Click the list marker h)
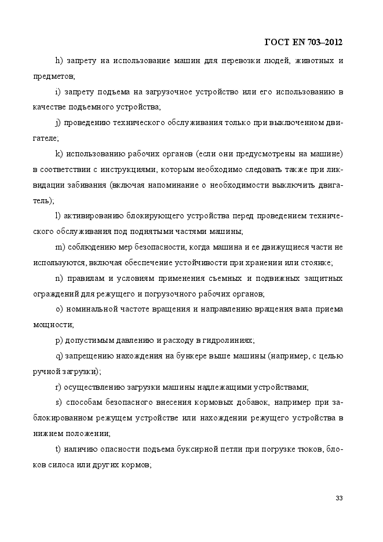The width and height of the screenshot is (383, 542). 59,61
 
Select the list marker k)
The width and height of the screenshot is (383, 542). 59,154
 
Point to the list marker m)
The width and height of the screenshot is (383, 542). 60,247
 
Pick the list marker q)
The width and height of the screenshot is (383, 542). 59,356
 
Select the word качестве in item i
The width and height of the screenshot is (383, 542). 49,108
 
